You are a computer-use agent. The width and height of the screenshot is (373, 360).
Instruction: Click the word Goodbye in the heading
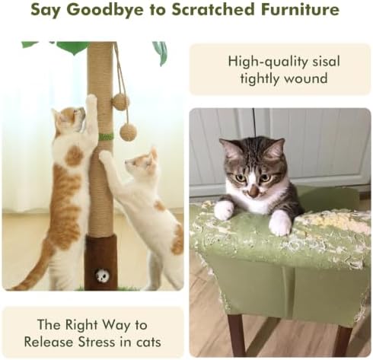click(105, 10)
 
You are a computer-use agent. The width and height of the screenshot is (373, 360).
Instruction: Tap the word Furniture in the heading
click(300, 10)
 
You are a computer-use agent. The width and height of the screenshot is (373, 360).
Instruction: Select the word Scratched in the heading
click(213, 10)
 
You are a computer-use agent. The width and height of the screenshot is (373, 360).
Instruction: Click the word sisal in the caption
click(326, 62)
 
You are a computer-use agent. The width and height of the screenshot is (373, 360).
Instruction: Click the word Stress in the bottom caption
click(96, 342)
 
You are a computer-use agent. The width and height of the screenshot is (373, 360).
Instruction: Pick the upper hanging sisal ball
click(120, 102)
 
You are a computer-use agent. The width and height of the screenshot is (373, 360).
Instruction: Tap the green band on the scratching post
click(106, 137)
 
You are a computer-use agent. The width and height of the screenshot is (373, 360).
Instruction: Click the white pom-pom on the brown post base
click(102, 275)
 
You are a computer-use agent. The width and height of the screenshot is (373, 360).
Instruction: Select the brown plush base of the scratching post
click(101, 263)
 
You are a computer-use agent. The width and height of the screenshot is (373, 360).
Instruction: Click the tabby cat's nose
click(253, 193)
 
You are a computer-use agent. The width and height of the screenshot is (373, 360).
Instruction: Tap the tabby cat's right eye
click(239, 178)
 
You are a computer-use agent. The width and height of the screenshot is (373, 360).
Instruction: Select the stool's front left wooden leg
click(235, 335)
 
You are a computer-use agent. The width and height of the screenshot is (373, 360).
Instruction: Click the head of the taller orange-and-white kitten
click(70, 119)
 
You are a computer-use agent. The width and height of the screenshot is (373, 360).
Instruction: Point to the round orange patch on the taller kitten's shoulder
click(74, 156)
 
